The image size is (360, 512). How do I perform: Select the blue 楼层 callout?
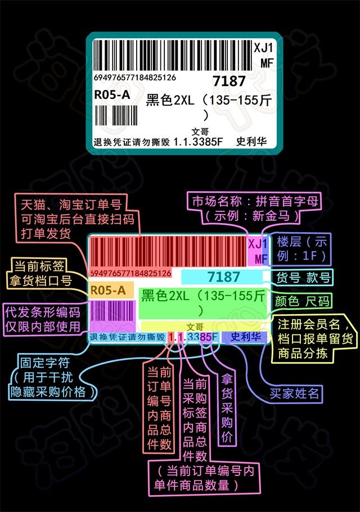click(301, 249)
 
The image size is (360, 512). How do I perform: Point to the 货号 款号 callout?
click(304, 277)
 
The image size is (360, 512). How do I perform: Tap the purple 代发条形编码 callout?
click(43, 319)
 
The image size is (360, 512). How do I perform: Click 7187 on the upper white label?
click(229, 81)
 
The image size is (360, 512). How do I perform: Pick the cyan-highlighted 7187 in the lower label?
click(223, 277)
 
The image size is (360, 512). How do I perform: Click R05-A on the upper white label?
click(111, 94)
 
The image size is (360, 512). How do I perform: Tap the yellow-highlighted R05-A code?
click(108, 290)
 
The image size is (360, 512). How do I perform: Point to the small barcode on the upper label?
click(116, 116)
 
